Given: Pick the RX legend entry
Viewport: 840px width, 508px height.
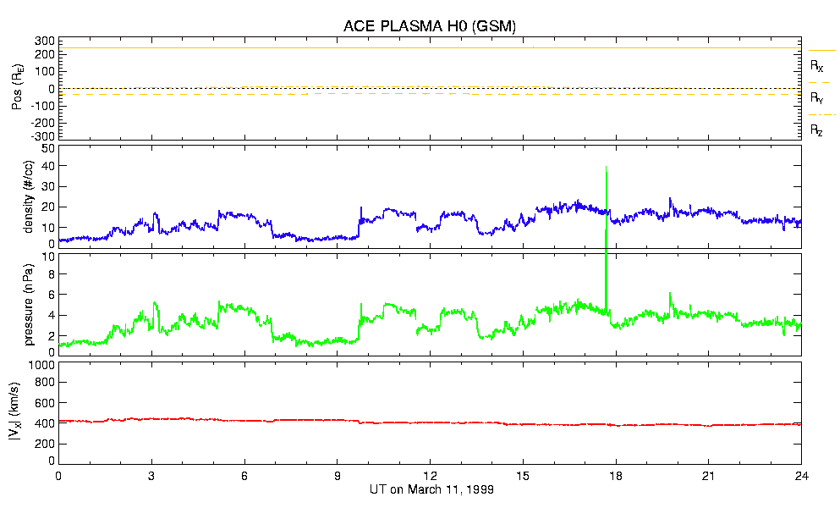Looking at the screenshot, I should (817, 65).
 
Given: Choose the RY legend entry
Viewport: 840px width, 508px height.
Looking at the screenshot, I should (817, 98).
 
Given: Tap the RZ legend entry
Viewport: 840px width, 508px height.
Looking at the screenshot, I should (817, 130).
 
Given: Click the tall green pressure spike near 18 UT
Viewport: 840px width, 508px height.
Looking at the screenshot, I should (607, 279).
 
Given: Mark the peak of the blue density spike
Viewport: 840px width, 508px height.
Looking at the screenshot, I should (607, 168).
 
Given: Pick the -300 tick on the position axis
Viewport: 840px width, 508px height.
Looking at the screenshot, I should (41, 135).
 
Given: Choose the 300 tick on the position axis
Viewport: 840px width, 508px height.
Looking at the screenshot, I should (44, 41).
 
